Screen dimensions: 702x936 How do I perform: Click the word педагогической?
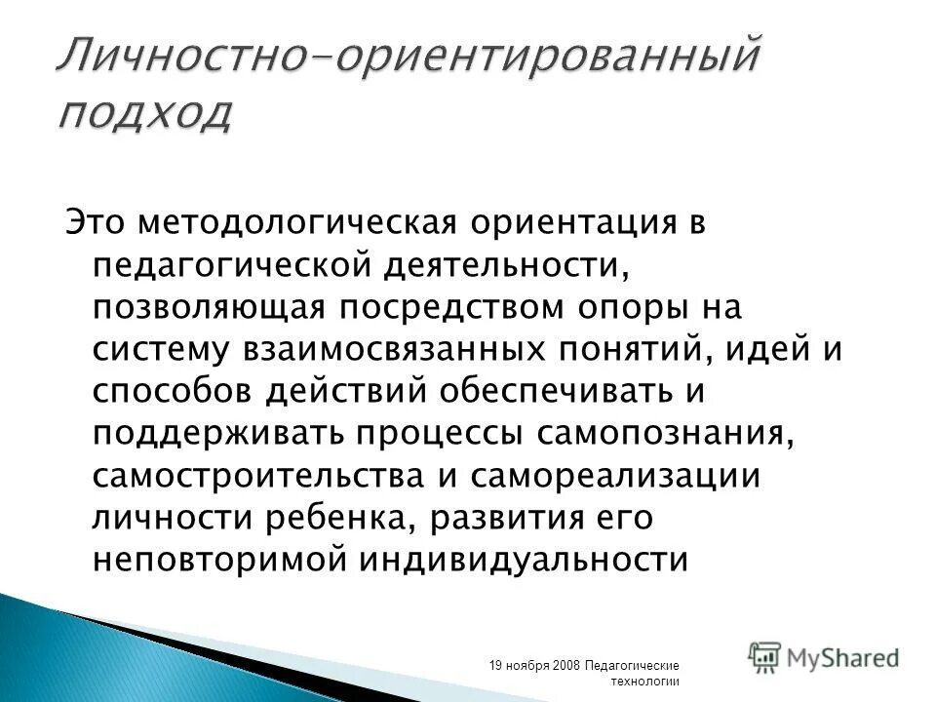pyautogui.click(x=227, y=265)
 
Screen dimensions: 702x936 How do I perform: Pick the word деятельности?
pyautogui.click(x=504, y=265)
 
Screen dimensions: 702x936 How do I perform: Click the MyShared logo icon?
pyautogui.click(x=766, y=657)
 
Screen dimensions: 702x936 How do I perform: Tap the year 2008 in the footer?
pyautogui.click(x=565, y=665)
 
